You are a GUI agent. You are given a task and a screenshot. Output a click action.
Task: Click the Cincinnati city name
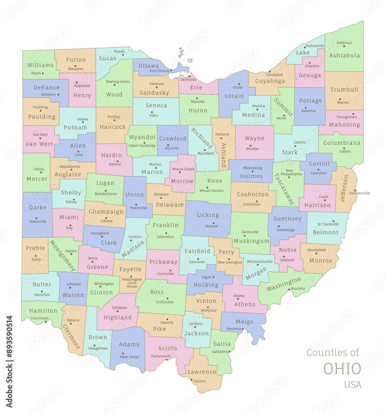(x=40, y=318)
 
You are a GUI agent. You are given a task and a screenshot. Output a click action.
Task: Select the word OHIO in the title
(x=342, y=368)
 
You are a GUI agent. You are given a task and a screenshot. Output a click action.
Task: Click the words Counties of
(x=333, y=353)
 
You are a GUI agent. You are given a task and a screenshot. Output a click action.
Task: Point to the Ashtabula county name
(x=344, y=55)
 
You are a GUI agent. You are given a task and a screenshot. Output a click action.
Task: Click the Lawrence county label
(x=202, y=372)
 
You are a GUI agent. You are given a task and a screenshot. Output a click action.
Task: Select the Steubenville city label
(x=360, y=193)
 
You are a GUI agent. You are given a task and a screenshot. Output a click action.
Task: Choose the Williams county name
(x=41, y=65)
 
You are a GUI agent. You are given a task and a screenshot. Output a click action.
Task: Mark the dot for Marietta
(x=289, y=289)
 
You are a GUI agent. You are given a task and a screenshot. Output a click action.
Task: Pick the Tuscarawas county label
(x=284, y=189)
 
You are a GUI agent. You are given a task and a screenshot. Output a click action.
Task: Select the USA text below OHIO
(x=352, y=385)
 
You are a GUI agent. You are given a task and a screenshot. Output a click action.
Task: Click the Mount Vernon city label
(x=211, y=191)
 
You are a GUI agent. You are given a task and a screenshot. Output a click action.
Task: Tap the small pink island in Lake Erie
(x=190, y=60)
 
